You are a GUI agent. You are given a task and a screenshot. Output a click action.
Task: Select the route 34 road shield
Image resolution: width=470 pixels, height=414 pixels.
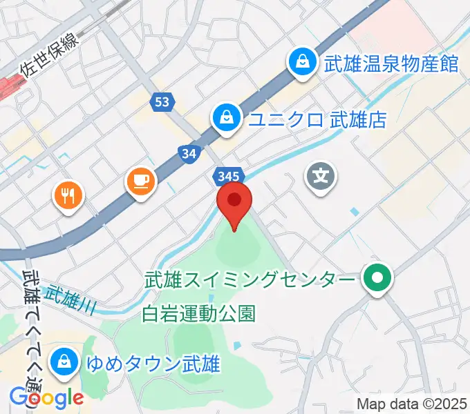pyautogui.click(x=188, y=155)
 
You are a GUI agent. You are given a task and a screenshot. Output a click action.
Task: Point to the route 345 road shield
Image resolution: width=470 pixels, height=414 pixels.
pyautogui.click(x=227, y=177)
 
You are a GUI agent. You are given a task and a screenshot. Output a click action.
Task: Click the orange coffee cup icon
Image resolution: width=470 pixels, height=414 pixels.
pyautogui.click(x=141, y=181)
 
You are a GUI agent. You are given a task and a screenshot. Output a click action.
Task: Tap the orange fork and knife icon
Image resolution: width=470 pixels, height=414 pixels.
pyautogui.click(x=67, y=197)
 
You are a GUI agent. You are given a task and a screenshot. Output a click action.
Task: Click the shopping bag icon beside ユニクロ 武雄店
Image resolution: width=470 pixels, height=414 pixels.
pyautogui.click(x=226, y=119)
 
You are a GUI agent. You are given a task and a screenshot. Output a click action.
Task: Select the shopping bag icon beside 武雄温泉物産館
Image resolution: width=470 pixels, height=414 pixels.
pyautogui.click(x=302, y=63)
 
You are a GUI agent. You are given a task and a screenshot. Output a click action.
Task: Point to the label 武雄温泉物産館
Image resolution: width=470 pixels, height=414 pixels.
pyautogui.click(x=391, y=64)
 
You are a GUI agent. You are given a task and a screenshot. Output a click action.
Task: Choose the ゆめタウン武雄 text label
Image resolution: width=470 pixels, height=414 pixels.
pyautogui.click(x=153, y=363)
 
